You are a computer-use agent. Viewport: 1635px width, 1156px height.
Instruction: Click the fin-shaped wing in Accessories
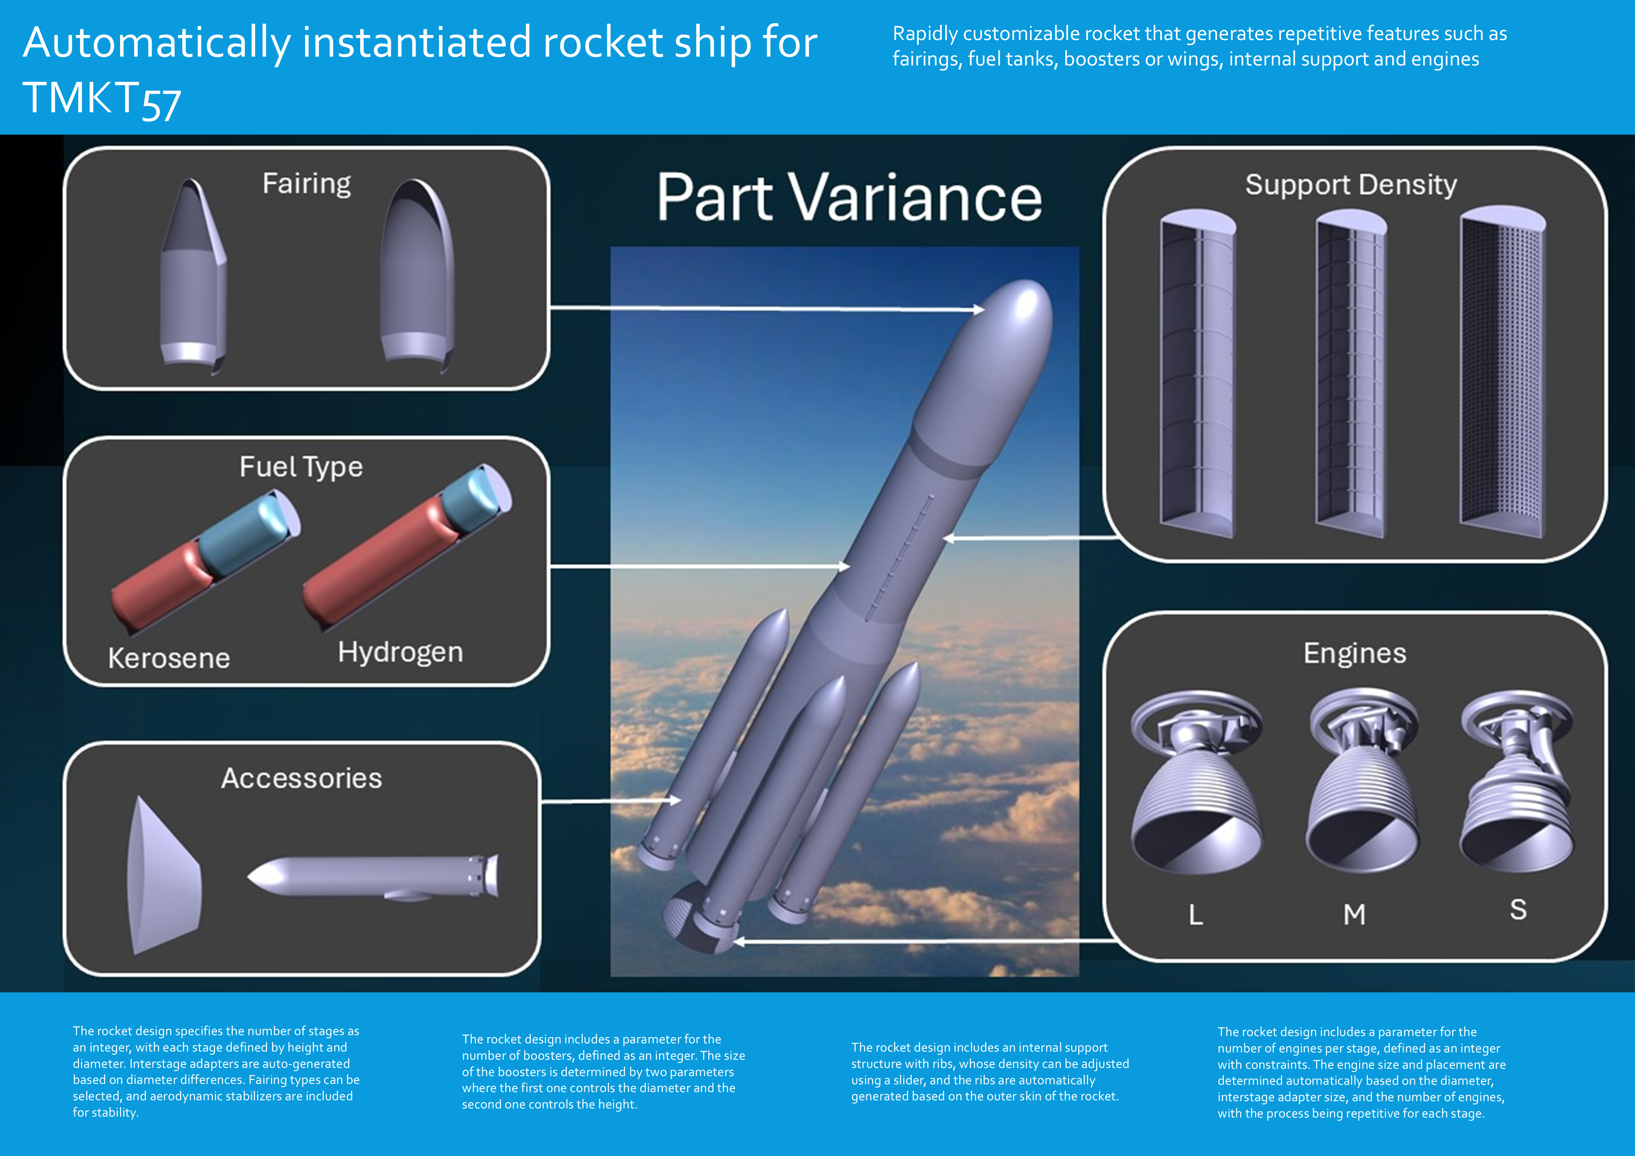pos(164,876)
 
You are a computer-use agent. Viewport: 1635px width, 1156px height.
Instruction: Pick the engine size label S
pos(1518,910)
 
